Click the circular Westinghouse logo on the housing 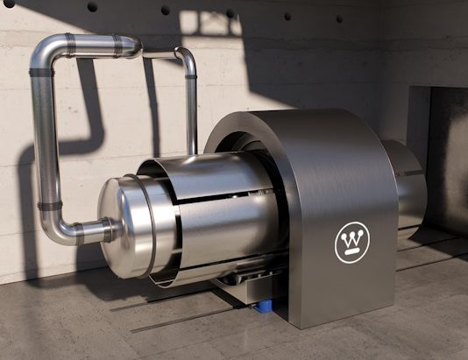tap(352, 243)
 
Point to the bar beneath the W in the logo tap(353, 251)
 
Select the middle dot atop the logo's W tap(353, 234)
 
